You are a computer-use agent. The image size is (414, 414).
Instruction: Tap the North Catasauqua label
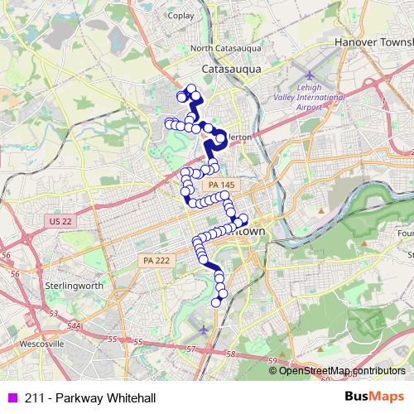[226, 48]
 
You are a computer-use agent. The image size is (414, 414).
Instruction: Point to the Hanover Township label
[373, 41]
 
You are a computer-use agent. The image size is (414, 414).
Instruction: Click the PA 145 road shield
[221, 184]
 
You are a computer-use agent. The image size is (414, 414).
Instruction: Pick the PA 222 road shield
[151, 259]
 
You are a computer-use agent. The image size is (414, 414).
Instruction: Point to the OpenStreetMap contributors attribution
[342, 370]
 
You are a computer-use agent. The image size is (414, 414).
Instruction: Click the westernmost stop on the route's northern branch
[168, 124]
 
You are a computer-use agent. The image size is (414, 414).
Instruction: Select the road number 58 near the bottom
[231, 354]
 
